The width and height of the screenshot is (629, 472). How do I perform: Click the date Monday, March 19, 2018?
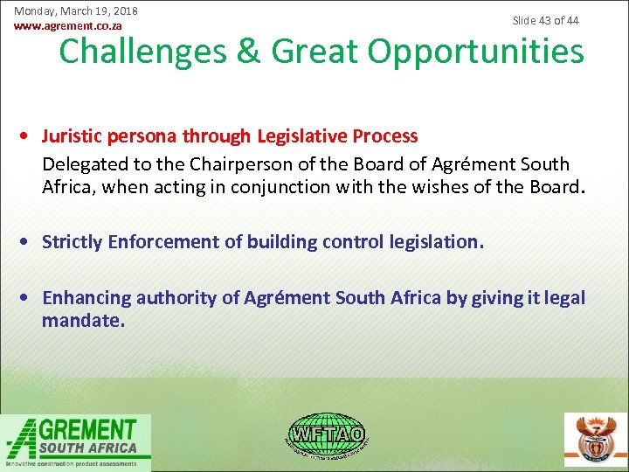tap(76, 11)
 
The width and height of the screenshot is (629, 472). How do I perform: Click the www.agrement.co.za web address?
tap(68, 26)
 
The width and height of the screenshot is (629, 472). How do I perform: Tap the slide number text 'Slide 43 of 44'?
tap(545, 20)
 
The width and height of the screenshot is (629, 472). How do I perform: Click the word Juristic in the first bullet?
tap(73, 136)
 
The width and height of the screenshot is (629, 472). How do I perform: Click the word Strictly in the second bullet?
tap(73, 242)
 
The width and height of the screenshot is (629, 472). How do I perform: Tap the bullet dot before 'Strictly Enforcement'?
tap(30, 242)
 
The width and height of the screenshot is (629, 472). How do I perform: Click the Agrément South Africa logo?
tap(76, 441)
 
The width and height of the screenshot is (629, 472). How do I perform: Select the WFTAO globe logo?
tap(327, 434)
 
